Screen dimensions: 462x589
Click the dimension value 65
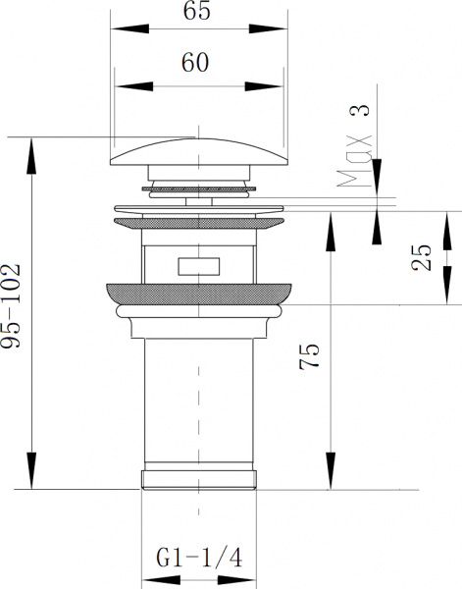click(196, 10)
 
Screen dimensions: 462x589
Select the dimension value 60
click(195, 63)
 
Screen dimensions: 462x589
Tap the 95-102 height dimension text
click(10, 306)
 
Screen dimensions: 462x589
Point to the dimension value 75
click(309, 356)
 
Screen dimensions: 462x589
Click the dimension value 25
click(421, 257)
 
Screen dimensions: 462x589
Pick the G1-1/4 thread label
click(199, 559)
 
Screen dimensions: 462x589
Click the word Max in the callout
click(355, 161)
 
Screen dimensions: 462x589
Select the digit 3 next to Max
click(360, 110)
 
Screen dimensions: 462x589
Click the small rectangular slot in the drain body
click(198, 266)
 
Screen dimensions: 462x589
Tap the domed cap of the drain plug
click(199, 152)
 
